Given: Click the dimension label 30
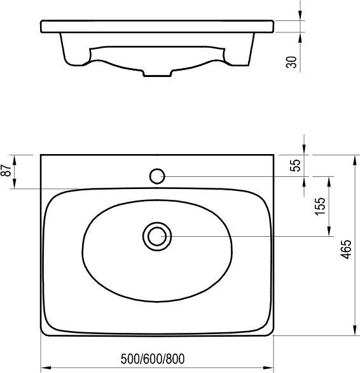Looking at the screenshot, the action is pyautogui.click(x=292, y=62).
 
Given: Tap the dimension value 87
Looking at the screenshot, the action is pyautogui.click(x=6, y=170).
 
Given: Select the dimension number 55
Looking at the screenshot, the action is pyautogui.click(x=295, y=165).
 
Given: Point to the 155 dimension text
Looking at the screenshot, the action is pyautogui.click(x=320, y=206).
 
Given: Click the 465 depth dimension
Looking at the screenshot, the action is pyautogui.click(x=346, y=249).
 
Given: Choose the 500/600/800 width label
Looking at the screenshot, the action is pyautogui.click(x=153, y=359).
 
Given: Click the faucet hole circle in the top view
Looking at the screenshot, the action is pyautogui.click(x=157, y=176).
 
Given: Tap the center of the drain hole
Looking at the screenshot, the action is pyautogui.click(x=157, y=236).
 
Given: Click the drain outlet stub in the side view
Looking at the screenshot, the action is pyautogui.click(x=157, y=73).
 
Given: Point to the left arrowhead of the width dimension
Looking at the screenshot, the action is pyautogui.click(x=46, y=368).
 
